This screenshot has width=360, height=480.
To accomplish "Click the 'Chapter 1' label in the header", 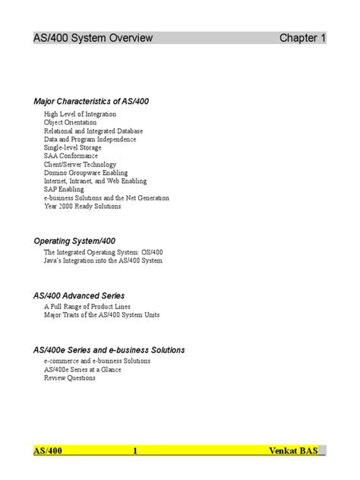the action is pos(302,38).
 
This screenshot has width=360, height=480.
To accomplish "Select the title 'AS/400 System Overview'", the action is pos(93,38).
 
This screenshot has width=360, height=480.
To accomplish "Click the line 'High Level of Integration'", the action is pos(80,114).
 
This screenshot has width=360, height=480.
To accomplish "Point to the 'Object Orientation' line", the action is pos(70,122).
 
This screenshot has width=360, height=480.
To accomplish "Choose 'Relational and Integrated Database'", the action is pos(93,131).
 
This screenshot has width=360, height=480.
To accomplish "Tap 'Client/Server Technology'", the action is pos(80,164).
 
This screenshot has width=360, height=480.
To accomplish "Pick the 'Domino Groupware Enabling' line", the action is pos(85,172).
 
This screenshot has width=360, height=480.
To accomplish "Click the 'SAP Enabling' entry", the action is pos(64,189).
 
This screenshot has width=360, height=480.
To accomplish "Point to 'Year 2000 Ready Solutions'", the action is pos(83,206).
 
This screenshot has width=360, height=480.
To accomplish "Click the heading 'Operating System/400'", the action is pos(74,241).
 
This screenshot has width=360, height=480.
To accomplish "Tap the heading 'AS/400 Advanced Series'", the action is pos(79,295).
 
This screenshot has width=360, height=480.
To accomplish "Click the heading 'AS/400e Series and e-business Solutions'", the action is pos(109,350).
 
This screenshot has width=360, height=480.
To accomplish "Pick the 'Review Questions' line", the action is pos(69,378).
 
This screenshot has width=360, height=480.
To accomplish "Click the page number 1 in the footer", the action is pos(135,451).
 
